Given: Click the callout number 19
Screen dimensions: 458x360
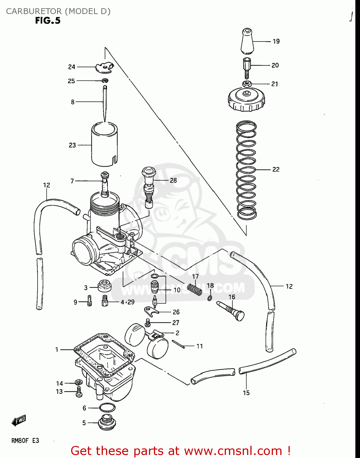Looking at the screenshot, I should coord(276,41).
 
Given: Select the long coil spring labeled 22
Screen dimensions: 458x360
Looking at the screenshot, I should coord(246,170).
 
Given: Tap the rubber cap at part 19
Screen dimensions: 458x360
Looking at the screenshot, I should coord(246,41).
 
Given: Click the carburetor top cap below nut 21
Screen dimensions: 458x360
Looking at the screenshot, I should coord(246,99).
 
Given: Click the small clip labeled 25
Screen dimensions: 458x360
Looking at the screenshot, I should coord(105,81).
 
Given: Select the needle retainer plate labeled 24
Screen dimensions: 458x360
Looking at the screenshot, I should coord(104,67).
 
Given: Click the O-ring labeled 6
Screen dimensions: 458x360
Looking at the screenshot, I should coord(107,407).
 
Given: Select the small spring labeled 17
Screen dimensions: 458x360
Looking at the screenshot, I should coord(195,289).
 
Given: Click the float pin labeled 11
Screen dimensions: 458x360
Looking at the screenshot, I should coord(178,344).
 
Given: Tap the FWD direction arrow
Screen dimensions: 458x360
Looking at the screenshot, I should coord(19,420).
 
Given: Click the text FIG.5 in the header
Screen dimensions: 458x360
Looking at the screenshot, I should coord(48,21).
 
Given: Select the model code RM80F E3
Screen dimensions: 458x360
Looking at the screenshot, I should coord(25,441).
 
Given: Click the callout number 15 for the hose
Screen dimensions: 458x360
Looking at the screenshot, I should coord(246,393).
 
